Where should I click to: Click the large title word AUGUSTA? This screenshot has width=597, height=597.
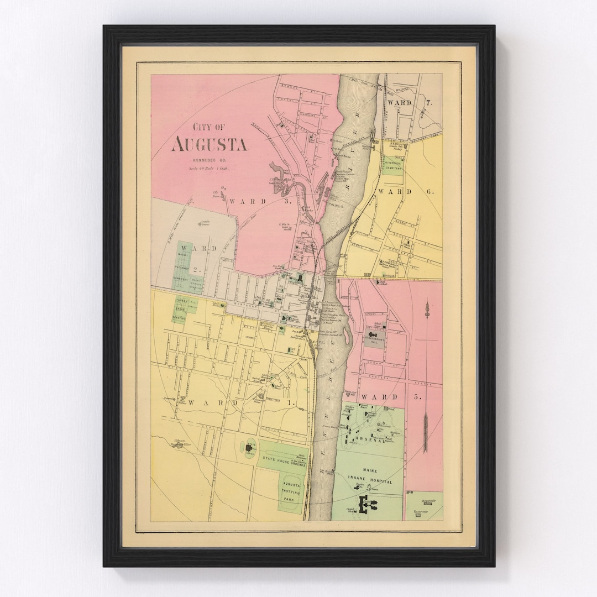(x=209, y=144)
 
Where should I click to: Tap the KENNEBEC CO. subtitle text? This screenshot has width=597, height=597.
(x=208, y=160)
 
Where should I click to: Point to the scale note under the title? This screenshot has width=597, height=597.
(x=208, y=167)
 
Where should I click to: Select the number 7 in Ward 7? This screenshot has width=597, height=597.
(x=429, y=103)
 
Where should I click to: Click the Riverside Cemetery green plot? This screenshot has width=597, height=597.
(x=394, y=164)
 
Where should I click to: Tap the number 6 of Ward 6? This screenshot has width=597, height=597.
(x=430, y=191)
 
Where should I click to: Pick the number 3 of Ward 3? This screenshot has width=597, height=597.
(x=287, y=201)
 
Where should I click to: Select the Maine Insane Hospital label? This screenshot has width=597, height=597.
(x=370, y=476)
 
